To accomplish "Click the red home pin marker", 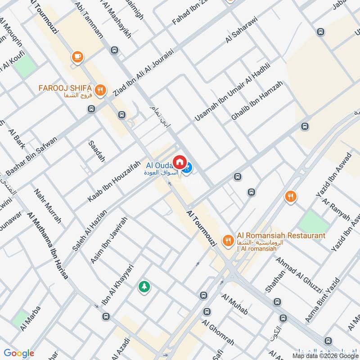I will [x=179, y=162].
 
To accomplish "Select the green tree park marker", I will [x=144, y=286].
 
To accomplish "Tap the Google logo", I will [x=19, y=353].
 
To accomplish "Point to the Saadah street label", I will [x=96, y=151].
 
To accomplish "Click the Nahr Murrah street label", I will [x=47, y=206].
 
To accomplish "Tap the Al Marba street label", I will [x=31, y=318].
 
